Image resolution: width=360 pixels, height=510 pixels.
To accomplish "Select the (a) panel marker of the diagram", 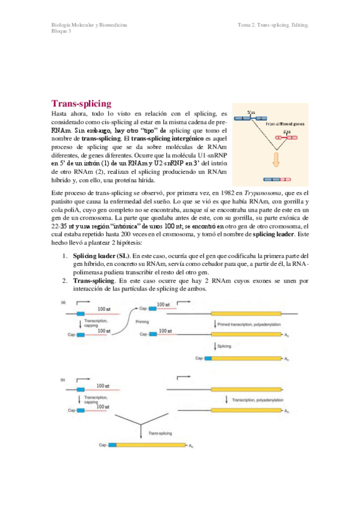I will tap(63, 301).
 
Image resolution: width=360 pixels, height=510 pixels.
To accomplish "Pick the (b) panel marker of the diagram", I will tap(63, 379).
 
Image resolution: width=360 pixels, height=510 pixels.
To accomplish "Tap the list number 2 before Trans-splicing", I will tap(66, 280).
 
